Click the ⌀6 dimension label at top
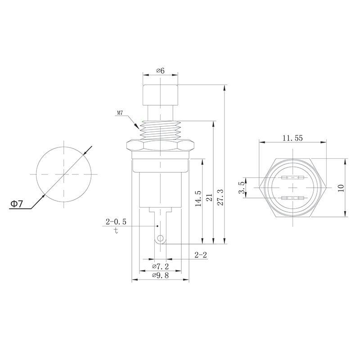tap(160, 71)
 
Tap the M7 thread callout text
tap(120, 113)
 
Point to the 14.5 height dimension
tap(198, 199)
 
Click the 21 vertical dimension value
tap(208, 199)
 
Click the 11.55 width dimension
tap(292, 138)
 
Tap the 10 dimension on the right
tap(341, 188)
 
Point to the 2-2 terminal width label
tap(201, 255)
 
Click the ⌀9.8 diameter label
tap(160, 275)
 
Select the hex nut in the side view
tap(161, 145)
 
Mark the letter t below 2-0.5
tap(116, 231)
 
